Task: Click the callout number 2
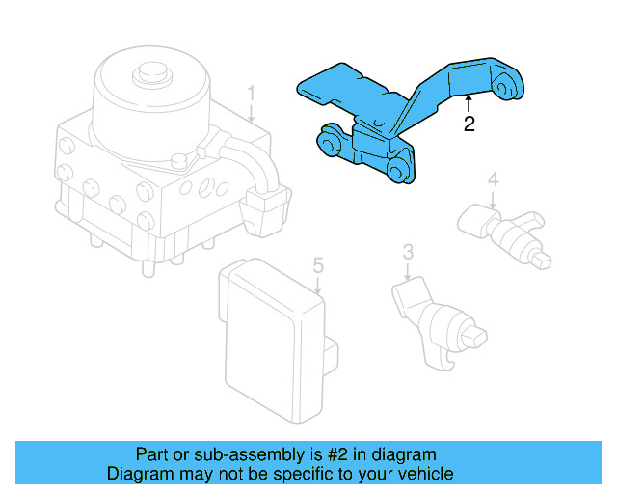[469, 123]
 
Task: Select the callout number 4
[492, 179]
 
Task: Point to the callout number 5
[316, 263]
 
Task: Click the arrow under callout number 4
[492, 200]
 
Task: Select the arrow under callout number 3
[408, 272]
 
